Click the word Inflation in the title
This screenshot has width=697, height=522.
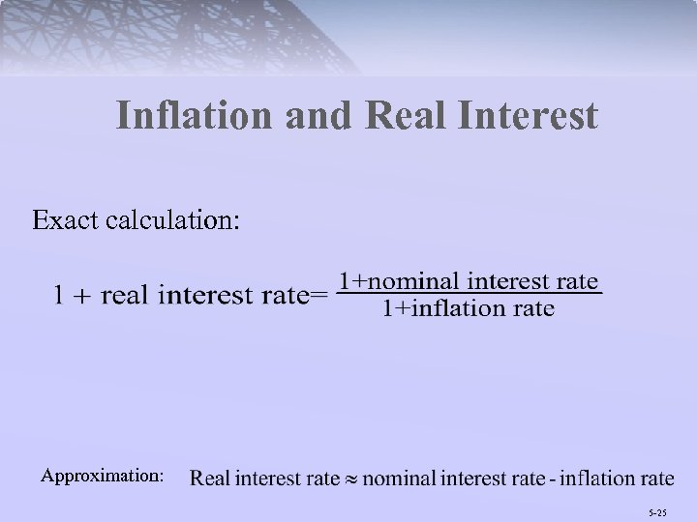195,117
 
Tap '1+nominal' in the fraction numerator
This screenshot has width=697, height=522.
394,281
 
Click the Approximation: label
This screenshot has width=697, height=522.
102,476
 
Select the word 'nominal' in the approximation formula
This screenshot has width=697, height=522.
400,478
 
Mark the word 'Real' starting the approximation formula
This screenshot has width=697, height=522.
211,478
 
